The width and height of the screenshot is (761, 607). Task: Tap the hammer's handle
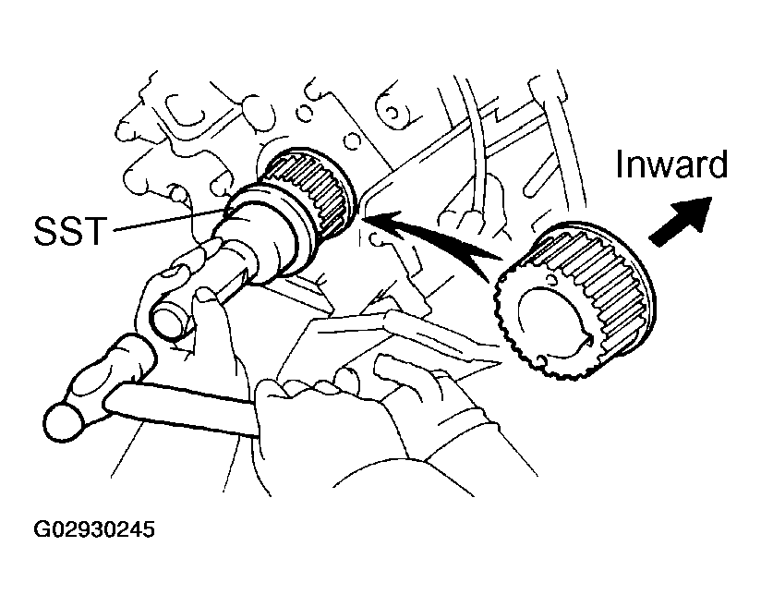tap(185, 407)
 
